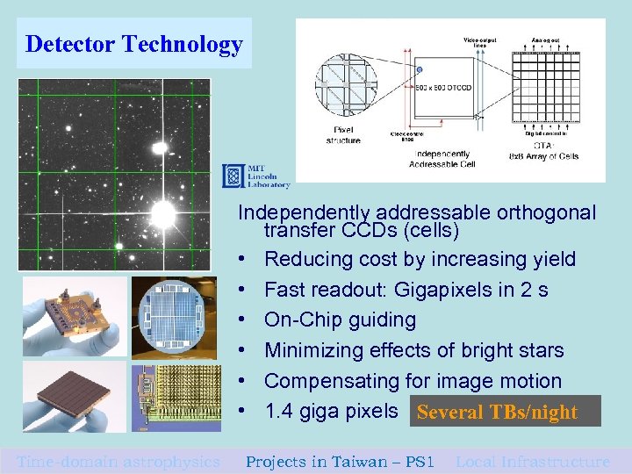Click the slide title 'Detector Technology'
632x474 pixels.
(x=133, y=44)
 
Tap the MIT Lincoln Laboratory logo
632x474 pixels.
(x=255, y=176)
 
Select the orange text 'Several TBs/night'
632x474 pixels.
(x=498, y=412)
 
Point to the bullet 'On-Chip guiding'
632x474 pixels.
(x=340, y=320)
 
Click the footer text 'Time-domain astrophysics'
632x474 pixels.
(x=118, y=462)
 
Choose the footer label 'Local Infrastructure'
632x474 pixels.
(x=533, y=462)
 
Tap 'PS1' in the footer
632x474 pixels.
(x=418, y=462)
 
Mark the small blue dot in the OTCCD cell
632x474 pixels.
(x=420, y=68)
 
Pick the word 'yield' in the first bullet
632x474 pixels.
(x=549, y=259)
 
